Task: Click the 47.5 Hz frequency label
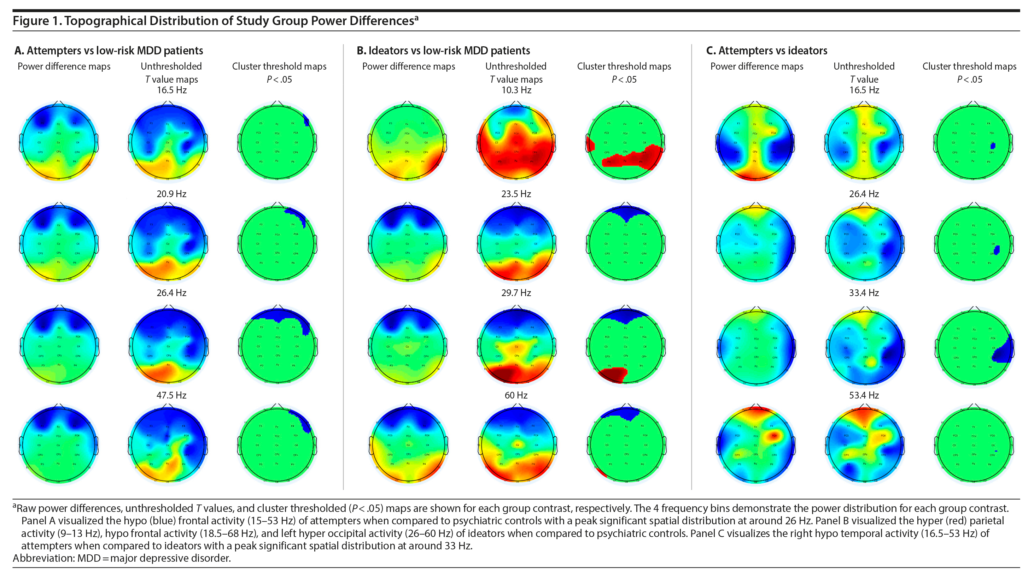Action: tap(171, 395)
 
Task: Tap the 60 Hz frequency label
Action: tap(516, 395)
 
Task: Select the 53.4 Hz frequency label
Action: tap(864, 395)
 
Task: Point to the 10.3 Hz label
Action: tap(516, 90)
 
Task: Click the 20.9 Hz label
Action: tap(171, 194)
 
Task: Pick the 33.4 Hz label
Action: tap(864, 293)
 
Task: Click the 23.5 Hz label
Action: tap(516, 194)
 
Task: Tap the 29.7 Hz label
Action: tap(516, 293)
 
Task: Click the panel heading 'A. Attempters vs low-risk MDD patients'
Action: tap(109, 51)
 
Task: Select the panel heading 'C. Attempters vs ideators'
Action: tap(767, 51)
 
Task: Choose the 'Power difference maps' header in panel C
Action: tap(757, 66)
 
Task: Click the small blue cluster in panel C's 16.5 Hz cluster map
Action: tap(993, 146)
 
